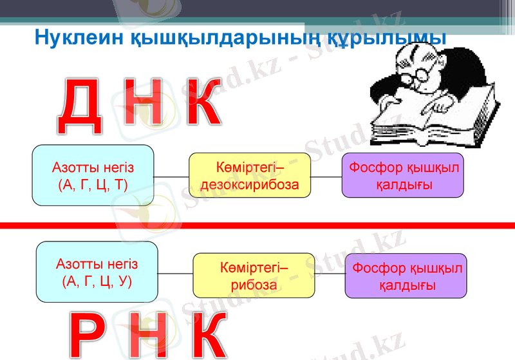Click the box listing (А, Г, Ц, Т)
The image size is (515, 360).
tap(93, 175)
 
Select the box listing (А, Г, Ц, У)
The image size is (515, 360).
tap(97, 272)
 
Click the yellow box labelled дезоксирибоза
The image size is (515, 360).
tap(250, 176)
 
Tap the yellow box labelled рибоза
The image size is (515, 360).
tap(254, 276)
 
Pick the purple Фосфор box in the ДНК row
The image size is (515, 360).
tap(403, 176)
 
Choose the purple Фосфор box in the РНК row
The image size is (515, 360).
tap(406, 276)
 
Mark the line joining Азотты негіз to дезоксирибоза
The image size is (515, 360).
tap(171, 176)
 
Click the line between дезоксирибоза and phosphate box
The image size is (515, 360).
tap(326, 176)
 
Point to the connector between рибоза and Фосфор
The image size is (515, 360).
tap(330, 275)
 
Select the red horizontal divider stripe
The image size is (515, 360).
tap(257, 225)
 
